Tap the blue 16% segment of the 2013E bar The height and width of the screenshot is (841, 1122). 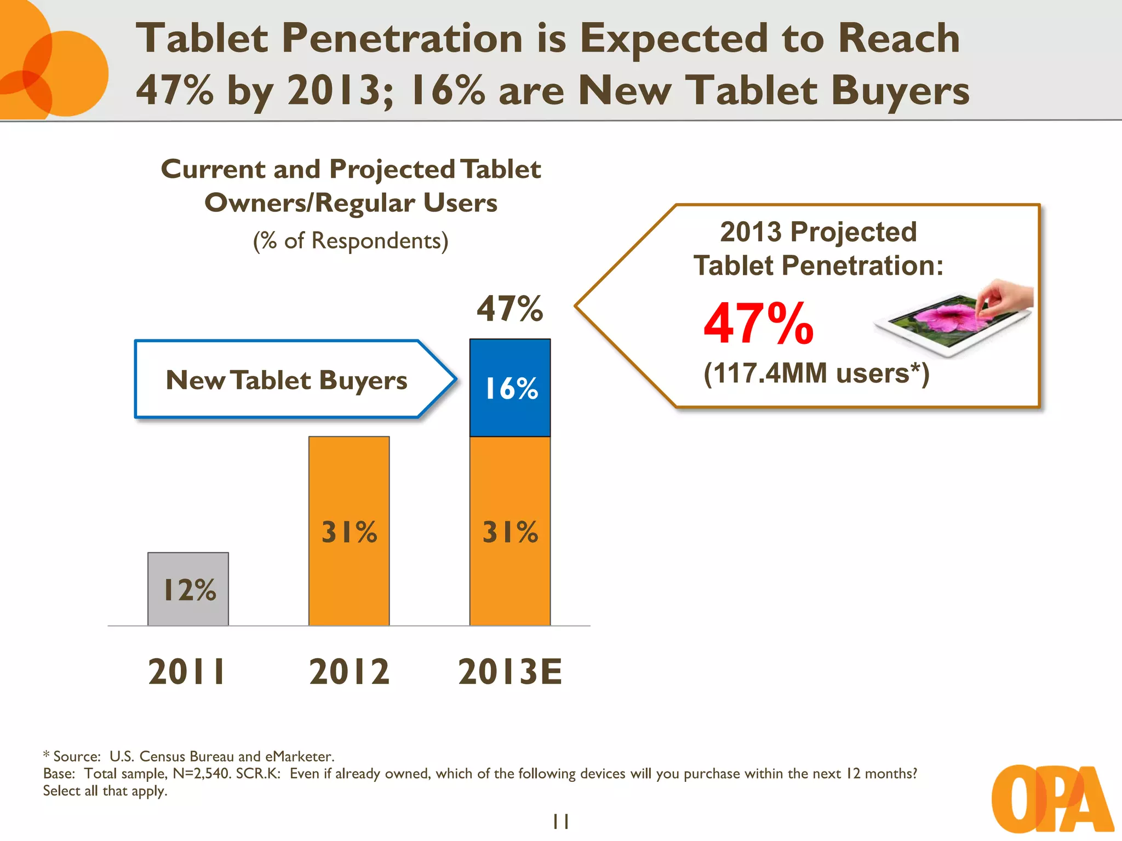pos(510,388)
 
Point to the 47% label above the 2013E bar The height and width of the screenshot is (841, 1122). pos(510,309)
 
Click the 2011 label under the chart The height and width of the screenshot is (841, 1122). pos(187,672)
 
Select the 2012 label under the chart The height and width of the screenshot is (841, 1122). pos(349,672)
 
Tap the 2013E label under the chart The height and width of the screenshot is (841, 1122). pos(510,672)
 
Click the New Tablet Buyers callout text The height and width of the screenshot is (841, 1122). pos(287,380)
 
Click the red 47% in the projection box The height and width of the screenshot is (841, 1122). pos(759,324)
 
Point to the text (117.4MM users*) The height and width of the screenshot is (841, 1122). pos(816,374)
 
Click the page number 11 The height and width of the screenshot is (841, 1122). pos(560,821)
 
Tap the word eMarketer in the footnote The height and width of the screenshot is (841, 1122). pos(299,757)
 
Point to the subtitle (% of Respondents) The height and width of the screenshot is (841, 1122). pos(351,241)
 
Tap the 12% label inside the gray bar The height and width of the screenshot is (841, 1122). pos(190,590)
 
